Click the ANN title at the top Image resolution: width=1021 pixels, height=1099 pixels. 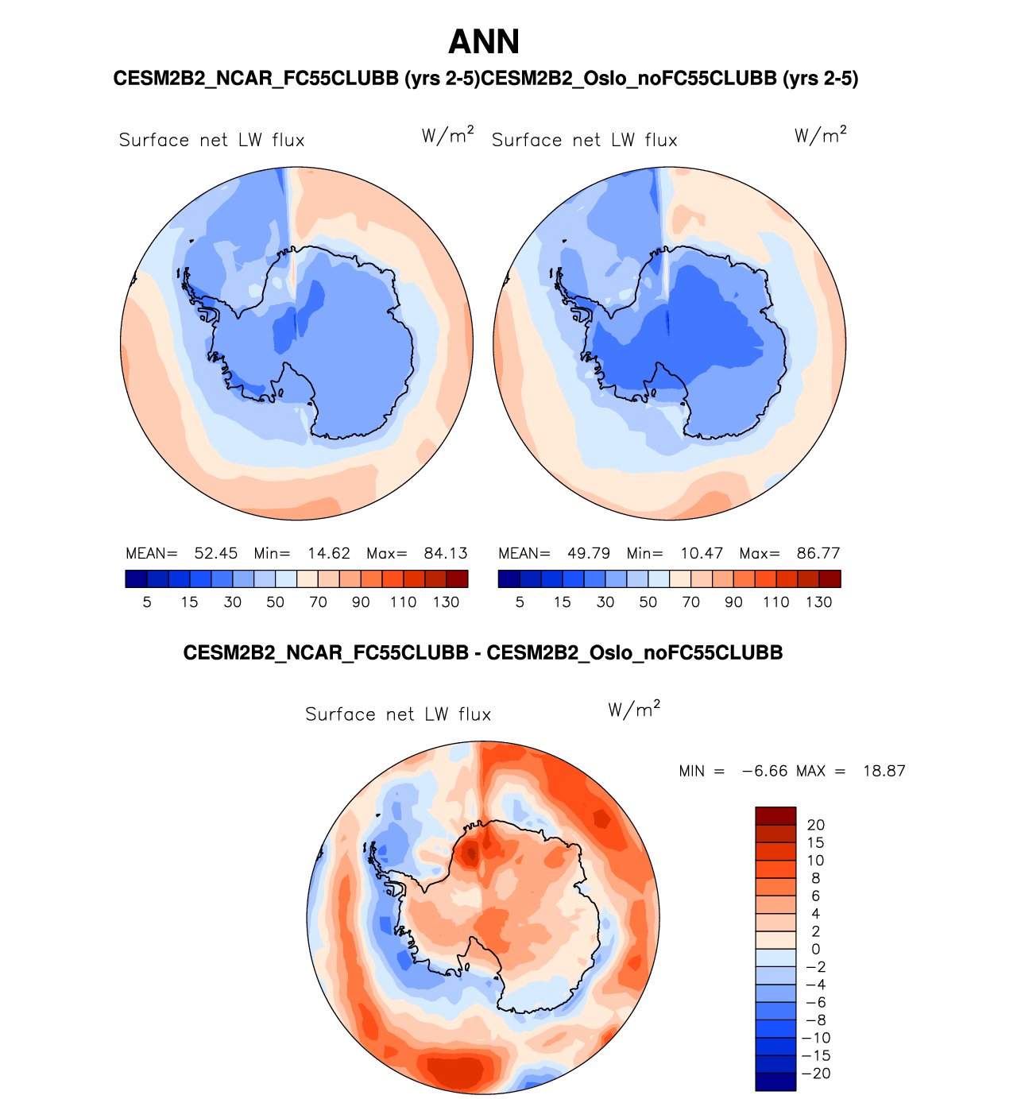coord(484,42)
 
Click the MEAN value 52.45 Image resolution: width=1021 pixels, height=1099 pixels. coord(215,553)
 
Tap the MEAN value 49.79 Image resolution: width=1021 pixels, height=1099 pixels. coord(588,553)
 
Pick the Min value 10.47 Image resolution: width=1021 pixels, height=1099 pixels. coord(701,553)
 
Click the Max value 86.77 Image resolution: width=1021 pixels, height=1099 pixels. coord(818,553)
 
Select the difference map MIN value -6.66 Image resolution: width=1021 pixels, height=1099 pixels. coord(764,771)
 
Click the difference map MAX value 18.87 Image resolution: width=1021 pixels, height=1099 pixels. coord(884,771)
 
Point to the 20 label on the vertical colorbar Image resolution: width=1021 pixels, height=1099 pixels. coord(815,825)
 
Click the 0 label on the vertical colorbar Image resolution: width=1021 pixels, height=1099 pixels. coord(815,949)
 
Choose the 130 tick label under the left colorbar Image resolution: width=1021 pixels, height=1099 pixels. coord(446,602)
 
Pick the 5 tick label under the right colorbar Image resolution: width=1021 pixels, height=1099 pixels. coord(520,602)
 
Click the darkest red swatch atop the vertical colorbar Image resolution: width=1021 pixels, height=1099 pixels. coord(775,816)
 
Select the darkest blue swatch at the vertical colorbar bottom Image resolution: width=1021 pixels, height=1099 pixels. coord(775,1082)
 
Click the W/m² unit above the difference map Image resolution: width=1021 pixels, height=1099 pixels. coord(634,709)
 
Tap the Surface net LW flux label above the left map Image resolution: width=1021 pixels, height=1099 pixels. coord(211,141)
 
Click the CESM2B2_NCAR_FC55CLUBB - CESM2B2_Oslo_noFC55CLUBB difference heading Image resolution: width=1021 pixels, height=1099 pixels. coord(482,653)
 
